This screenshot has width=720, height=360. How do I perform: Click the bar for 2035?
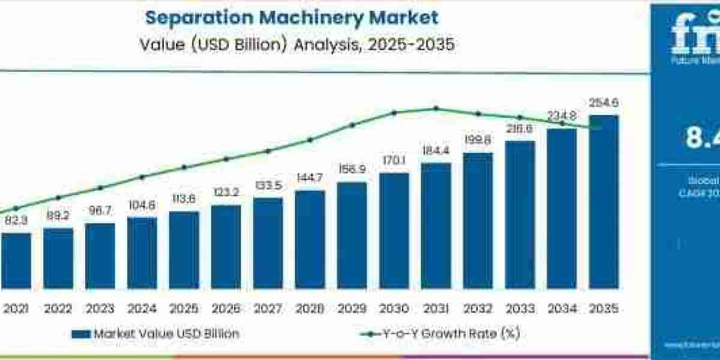(x=604, y=201)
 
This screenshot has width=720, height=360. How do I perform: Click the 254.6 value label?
(x=604, y=103)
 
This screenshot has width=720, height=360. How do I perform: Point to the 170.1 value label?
(x=394, y=161)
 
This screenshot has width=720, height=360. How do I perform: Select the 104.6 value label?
(x=142, y=205)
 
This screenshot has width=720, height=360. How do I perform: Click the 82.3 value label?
(x=16, y=221)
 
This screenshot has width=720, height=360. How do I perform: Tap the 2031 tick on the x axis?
(x=436, y=309)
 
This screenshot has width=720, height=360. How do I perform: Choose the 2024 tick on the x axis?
(x=142, y=309)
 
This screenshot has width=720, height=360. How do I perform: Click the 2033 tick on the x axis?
(x=520, y=309)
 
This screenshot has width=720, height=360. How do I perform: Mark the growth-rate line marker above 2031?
(x=436, y=109)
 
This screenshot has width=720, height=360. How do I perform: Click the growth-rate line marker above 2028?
(x=310, y=140)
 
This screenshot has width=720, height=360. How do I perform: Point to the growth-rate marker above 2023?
(x=100, y=187)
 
